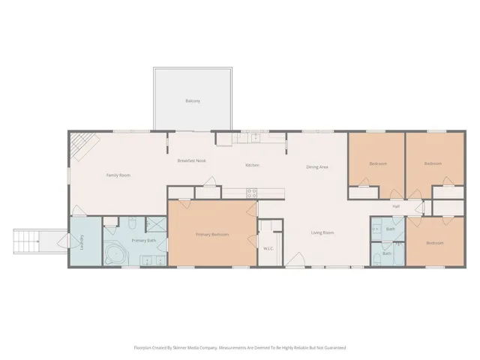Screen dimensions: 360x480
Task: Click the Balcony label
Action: (193, 100)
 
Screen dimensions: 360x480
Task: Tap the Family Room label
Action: (118, 175)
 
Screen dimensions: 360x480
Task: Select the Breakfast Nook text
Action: (192, 160)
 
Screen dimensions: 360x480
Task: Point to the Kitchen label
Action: (253, 166)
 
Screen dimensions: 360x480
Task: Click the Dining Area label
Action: (317, 166)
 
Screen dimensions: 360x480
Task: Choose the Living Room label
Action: (322, 233)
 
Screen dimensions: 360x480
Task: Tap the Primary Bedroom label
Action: (212, 235)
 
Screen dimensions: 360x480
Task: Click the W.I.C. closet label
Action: (268, 247)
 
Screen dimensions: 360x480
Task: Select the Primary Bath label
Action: (144, 240)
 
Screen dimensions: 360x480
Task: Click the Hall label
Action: (396, 206)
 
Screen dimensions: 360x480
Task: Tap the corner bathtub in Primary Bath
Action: (115, 255)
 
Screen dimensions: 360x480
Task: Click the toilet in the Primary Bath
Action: (132, 223)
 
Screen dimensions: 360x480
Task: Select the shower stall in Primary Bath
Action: (156, 223)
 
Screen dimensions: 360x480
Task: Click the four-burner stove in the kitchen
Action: (253, 193)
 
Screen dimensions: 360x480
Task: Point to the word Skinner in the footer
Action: (185, 347)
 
